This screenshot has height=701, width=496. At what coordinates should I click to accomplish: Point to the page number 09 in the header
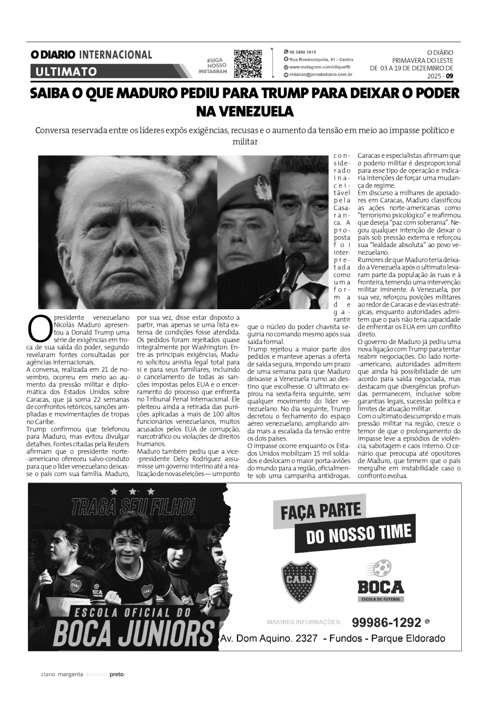(449, 76)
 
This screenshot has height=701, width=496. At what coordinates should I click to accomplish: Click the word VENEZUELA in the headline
(245, 111)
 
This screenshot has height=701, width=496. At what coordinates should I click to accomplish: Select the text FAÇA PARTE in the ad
(321, 512)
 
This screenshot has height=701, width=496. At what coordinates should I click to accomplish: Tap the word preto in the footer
(117, 675)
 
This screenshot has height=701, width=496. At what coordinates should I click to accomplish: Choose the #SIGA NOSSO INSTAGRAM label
(214, 66)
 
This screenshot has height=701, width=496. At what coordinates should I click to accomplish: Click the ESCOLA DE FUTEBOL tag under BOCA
(381, 599)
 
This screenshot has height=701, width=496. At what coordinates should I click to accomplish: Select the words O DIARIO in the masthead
(53, 55)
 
